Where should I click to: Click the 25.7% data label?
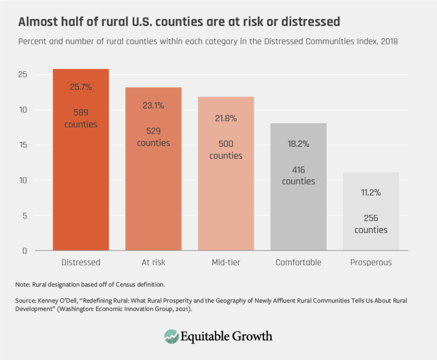pos(81,87)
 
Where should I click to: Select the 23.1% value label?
pos(153,105)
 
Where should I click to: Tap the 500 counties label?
pos(226,150)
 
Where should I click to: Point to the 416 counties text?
pos(298,175)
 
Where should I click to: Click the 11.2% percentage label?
pos(370,193)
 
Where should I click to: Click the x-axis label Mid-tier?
pos(226,263)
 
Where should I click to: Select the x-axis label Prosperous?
pos(370,263)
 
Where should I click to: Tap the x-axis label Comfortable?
pos(298,263)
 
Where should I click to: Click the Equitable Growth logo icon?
pos(171,336)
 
